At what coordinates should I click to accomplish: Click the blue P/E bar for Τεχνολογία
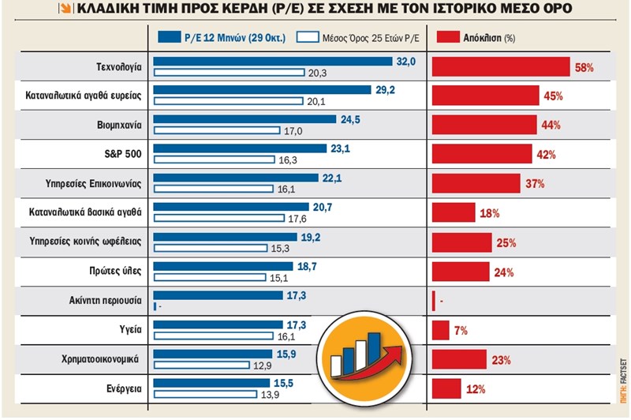click(272, 62)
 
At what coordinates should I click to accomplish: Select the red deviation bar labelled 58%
click(500, 67)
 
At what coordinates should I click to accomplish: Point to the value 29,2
click(386, 91)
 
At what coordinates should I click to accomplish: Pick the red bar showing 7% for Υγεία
click(440, 330)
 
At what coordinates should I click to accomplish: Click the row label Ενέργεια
click(121, 388)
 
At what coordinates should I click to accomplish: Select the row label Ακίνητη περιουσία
click(106, 301)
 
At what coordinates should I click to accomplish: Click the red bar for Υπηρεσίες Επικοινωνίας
click(481, 184)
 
